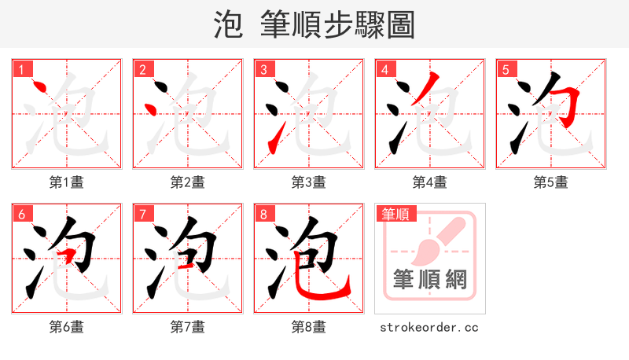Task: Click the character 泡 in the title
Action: (228, 24)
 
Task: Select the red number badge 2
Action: (143, 70)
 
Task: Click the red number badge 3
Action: (264, 70)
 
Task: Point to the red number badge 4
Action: (385, 70)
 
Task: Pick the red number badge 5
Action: (506, 70)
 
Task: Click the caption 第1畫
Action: (67, 182)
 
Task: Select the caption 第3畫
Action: (309, 182)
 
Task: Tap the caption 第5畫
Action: (551, 182)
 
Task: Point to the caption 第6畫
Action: (67, 327)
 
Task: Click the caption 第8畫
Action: (309, 327)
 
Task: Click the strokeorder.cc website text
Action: (429, 327)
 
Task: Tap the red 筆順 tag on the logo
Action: (395, 214)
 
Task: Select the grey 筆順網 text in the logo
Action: (429, 279)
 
